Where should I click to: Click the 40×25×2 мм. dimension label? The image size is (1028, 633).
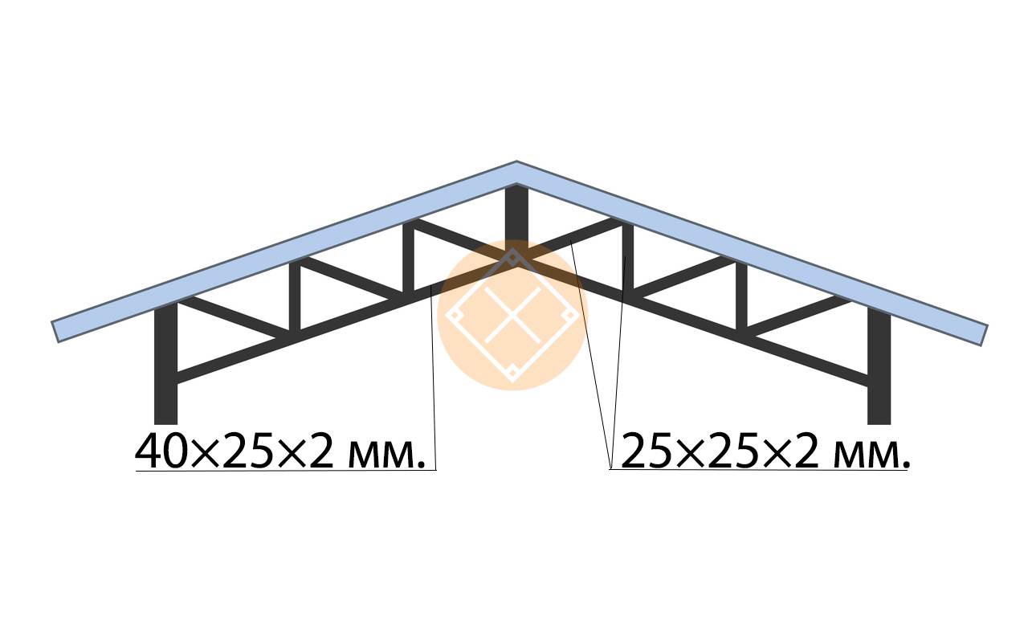point(280,450)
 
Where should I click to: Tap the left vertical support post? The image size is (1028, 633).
point(165,362)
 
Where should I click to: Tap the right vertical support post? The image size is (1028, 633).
point(879,366)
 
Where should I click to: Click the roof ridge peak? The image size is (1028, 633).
point(516,161)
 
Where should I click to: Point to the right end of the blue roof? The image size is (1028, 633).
point(984,335)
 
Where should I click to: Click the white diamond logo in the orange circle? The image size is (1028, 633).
point(512,316)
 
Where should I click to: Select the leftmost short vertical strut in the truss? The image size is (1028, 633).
point(295,297)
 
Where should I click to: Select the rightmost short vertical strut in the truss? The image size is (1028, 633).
point(741,296)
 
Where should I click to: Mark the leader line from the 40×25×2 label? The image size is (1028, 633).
point(433,378)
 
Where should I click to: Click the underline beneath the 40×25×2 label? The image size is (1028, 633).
point(286,471)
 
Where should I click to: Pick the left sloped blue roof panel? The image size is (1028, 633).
point(284,251)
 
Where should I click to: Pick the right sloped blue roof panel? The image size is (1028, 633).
point(753,253)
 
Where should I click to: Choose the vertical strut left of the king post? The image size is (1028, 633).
point(409,257)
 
